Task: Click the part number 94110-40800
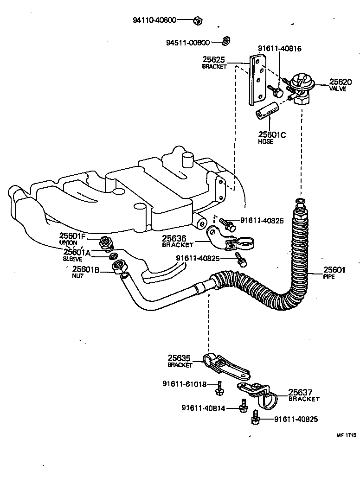coord(154,20)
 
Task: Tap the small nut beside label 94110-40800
coord(197,20)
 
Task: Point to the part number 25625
coord(213,59)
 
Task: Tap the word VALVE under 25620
coord(337,89)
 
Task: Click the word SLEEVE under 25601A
coord(72,259)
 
